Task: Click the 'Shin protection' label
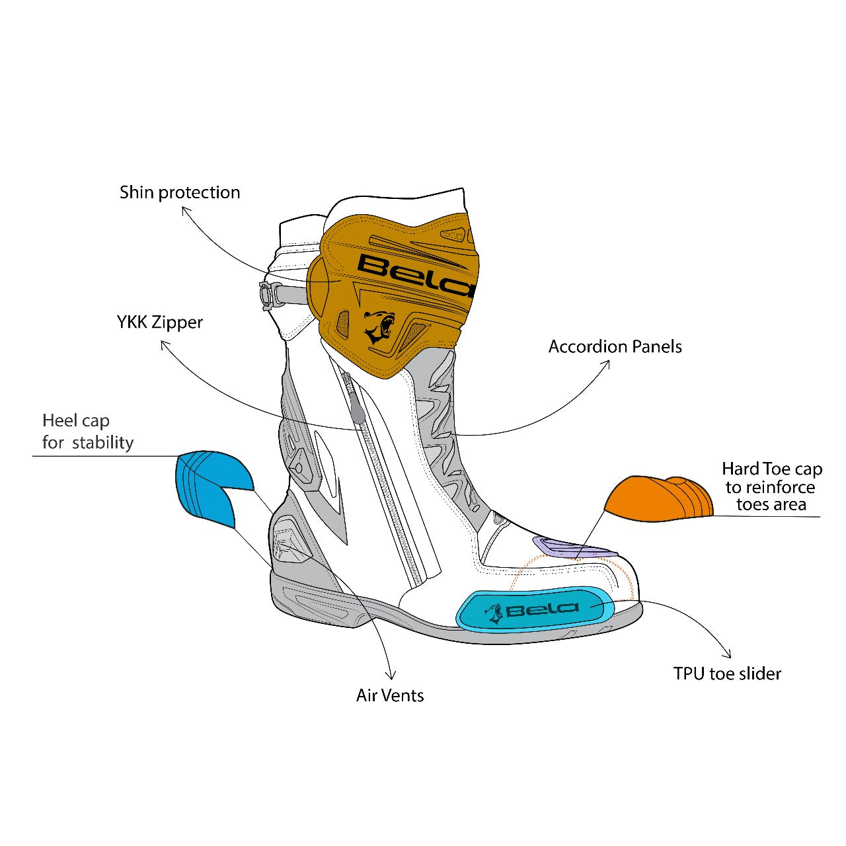pos(180,192)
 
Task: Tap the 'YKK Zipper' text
pos(160,323)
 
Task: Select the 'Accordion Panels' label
pos(615,346)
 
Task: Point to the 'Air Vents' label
pos(390,695)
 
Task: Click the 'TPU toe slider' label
pos(727,673)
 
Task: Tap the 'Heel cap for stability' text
pos(88,432)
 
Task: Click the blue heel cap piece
pos(208,486)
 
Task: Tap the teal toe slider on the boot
pos(534,609)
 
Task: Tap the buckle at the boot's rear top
pos(269,295)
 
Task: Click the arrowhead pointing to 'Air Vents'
pos(391,676)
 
